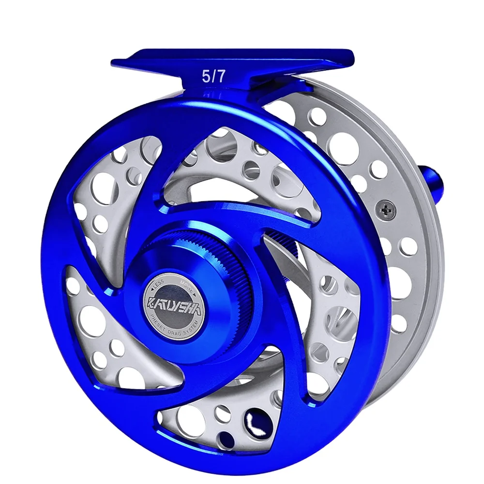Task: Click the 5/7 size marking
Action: (x=213, y=76)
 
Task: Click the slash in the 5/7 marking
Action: (x=213, y=76)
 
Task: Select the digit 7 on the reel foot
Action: (x=220, y=76)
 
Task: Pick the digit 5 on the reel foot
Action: (x=206, y=76)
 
